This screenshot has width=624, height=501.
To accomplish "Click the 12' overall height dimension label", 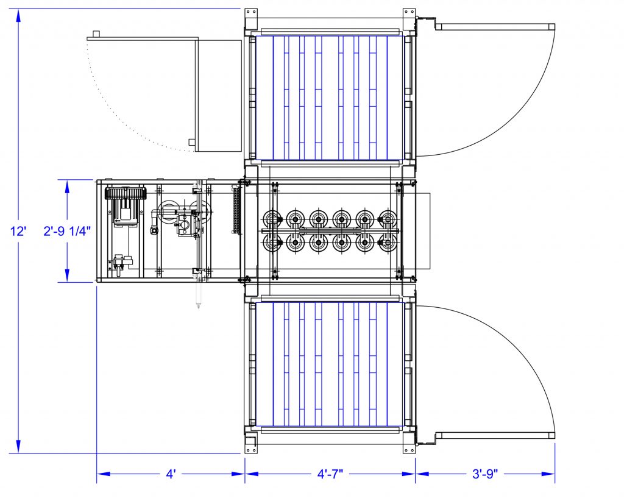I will tap(19, 232).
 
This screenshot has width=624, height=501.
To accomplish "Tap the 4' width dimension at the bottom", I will tap(171, 474).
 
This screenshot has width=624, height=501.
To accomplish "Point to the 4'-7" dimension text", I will tap(330, 474).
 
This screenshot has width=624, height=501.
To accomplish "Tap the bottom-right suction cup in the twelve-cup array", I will tap(388, 243).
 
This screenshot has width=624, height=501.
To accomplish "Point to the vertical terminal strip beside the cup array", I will tap(236, 208).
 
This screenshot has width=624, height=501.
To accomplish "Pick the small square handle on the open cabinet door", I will tap(191, 143).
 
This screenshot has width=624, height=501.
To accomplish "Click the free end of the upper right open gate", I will tap(551, 26).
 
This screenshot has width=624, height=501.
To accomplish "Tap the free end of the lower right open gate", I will tap(551, 435).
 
